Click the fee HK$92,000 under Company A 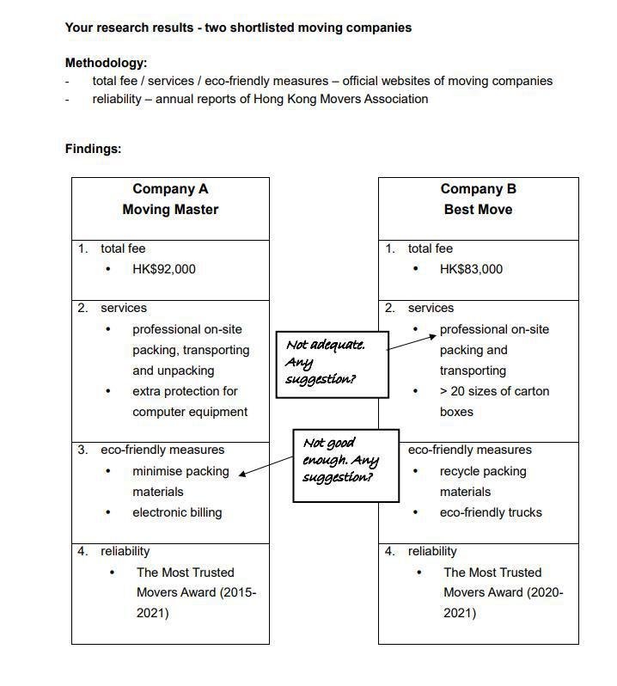[163, 269]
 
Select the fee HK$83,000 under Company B [471, 269]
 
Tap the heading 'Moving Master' [170, 210]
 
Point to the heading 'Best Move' [478, 210]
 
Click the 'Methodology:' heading [106, 63]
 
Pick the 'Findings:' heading [93, 149]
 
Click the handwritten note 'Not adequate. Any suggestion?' [331, 362]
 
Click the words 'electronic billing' [177, 512]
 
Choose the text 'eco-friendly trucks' [491, 512]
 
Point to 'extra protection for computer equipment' [189, 401]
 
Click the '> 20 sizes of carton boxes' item [494, 401]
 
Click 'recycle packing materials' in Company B [482, 481]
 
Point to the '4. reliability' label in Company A [113, 551]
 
